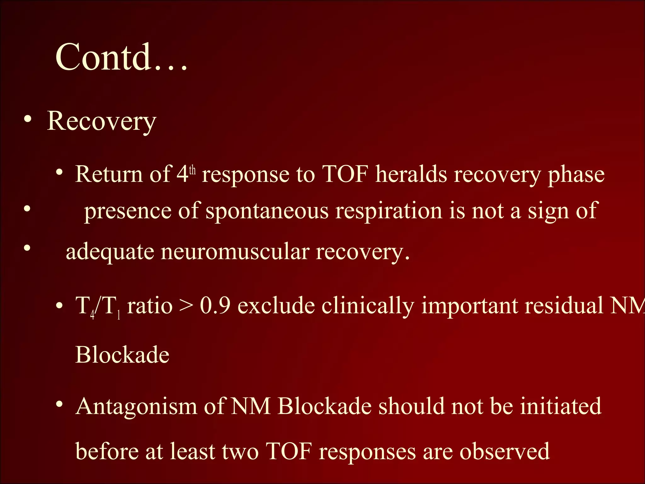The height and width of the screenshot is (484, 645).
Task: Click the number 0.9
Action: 215,306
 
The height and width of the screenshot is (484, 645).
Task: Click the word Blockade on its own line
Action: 122,355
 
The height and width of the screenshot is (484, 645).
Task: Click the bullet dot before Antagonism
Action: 59,404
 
